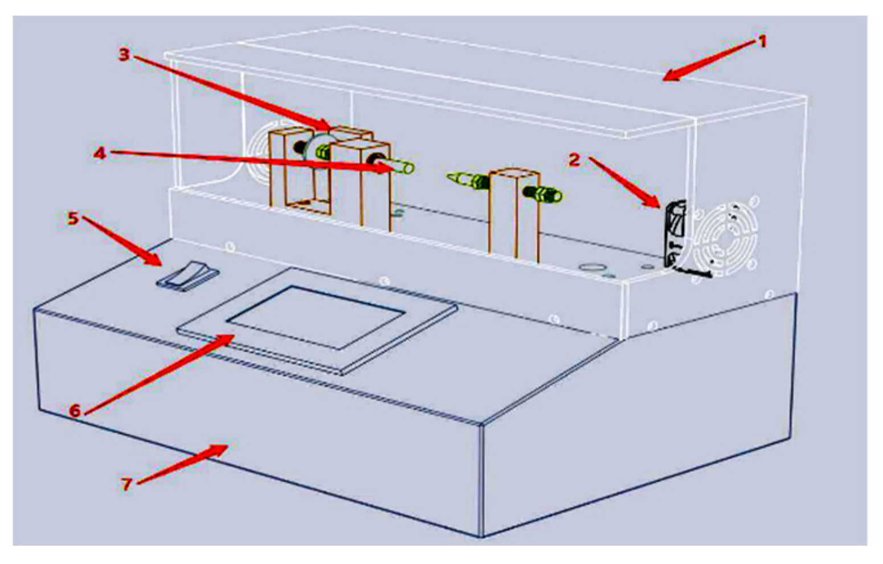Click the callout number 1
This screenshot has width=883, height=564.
pyautogui.click(x=762, y=41)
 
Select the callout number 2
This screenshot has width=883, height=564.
pyautogui.click(x=574, y=160)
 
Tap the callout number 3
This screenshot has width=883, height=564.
pyautogui.click(x=124, y=54)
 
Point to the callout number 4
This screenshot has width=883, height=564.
pyautogui.click(x=100, y=153)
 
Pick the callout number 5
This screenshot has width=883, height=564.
pyautogui.click(x=73, y=218)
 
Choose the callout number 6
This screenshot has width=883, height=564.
pyautogui.click(x=75, y=410)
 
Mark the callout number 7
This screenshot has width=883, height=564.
pyautogui.click(x=126, y=484)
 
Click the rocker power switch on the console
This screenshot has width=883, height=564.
pyautogui.click(x=188, y=276)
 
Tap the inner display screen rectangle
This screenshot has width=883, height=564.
pyautogui.click(x=316, y=316)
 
